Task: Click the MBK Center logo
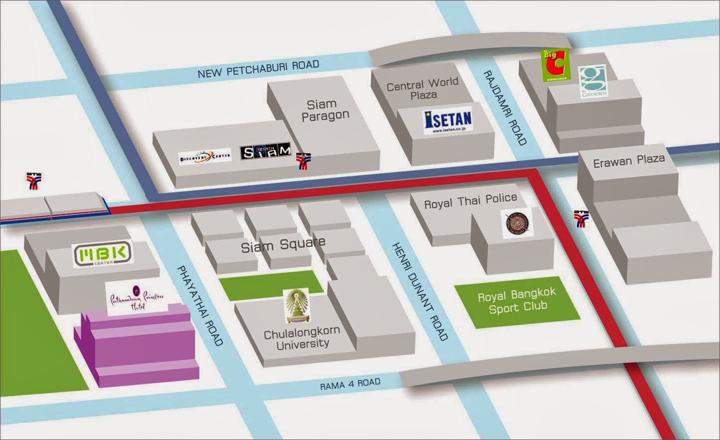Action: (x=103, y=254)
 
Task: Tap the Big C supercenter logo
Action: (x=555, y=65)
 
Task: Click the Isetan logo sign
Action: (x=448, y=121)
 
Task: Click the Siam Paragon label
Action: (x=324, y=110)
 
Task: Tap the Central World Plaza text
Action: (x=423, y=89)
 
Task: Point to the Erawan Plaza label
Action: (x=628, y=161)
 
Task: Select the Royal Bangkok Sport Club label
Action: (x=517, y=301)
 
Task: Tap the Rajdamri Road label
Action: (x=504, y=107)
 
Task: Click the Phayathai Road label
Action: (x=199, y=305)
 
